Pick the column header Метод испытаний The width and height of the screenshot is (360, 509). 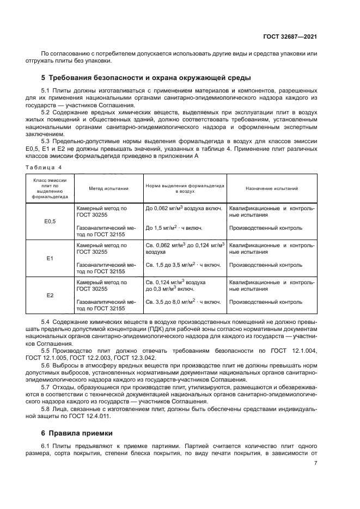click(109, 188)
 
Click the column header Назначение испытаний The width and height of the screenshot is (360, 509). click(271, 188)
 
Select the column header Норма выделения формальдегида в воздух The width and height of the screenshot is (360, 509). click(185, 188)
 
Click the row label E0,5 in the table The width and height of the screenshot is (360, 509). click(50, 221)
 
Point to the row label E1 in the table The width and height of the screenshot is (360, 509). click(50, 258)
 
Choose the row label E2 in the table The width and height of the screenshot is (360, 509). click(50, 295)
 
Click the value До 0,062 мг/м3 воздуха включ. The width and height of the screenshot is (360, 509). click(184, 208)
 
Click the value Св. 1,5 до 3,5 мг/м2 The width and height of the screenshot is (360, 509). click(183, 265)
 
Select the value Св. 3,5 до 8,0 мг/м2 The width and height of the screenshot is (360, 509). click(183, 302)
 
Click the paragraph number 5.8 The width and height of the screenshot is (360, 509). click(47, 408)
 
